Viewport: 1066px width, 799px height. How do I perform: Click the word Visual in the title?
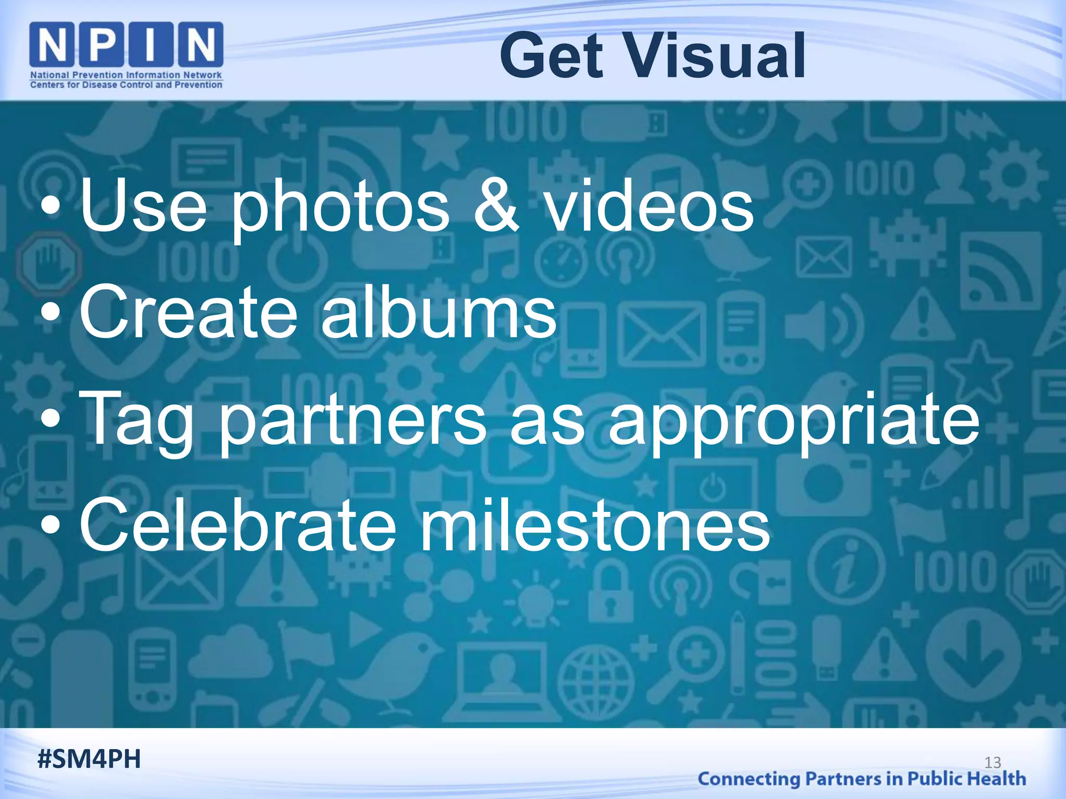click(717, 56)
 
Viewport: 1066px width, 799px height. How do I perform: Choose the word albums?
click(438, 312)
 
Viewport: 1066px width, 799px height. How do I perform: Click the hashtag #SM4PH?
click(89, 759)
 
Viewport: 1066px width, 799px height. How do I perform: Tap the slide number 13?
click(993, 763)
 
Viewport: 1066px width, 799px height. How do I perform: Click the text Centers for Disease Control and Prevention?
click(126, 85)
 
